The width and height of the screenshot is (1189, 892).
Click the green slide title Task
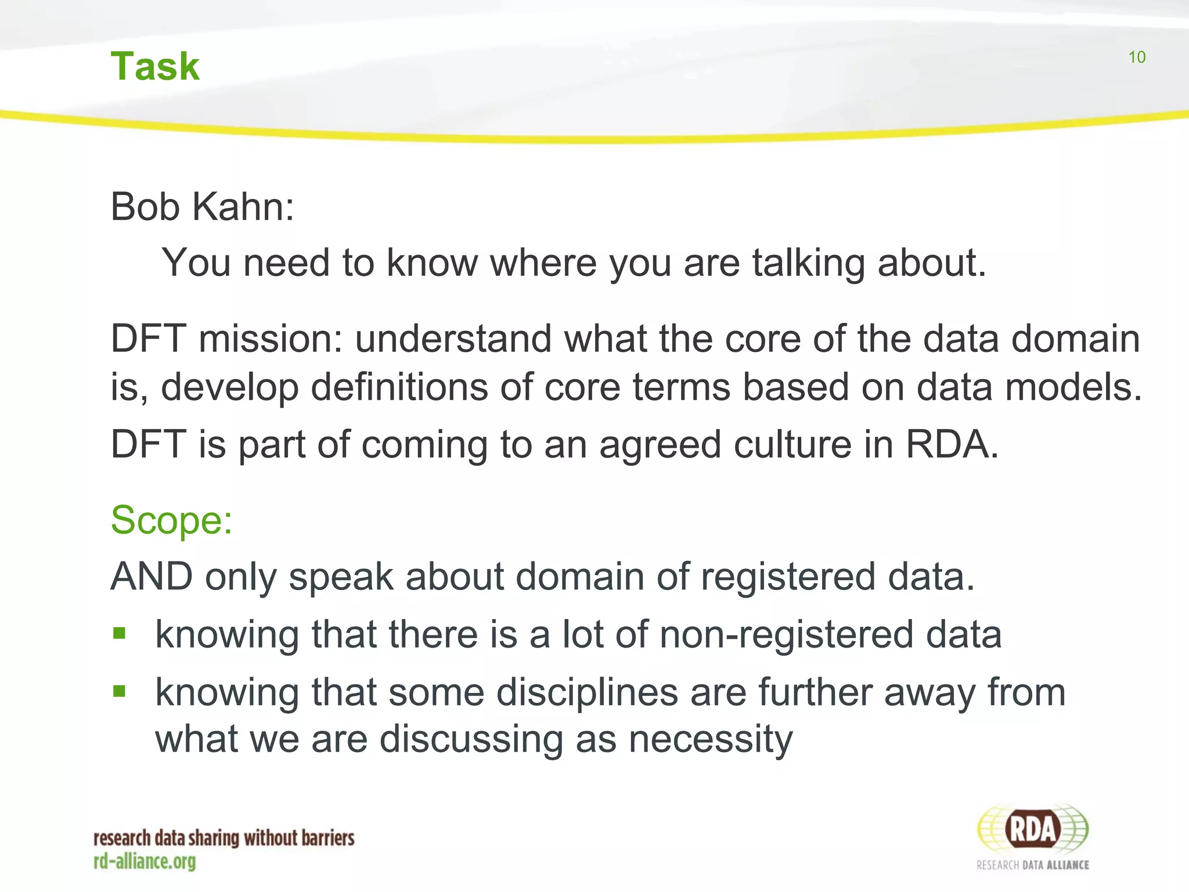[155, 66]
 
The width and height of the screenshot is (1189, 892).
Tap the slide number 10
[1137, 57]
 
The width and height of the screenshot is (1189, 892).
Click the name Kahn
[243, 207]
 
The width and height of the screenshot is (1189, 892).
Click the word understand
[453, 339]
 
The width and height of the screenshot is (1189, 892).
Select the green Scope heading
[171, 520]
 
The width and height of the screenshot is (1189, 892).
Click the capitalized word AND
[152, 577]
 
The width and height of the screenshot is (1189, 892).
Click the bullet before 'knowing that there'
[120, 633]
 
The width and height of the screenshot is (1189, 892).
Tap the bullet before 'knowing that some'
[120, 691]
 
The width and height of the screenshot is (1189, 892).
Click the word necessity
[711, 740]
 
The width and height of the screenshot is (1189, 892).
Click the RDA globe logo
[1032, 829]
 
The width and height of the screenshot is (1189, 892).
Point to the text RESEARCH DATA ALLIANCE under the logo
[1032, 865]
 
